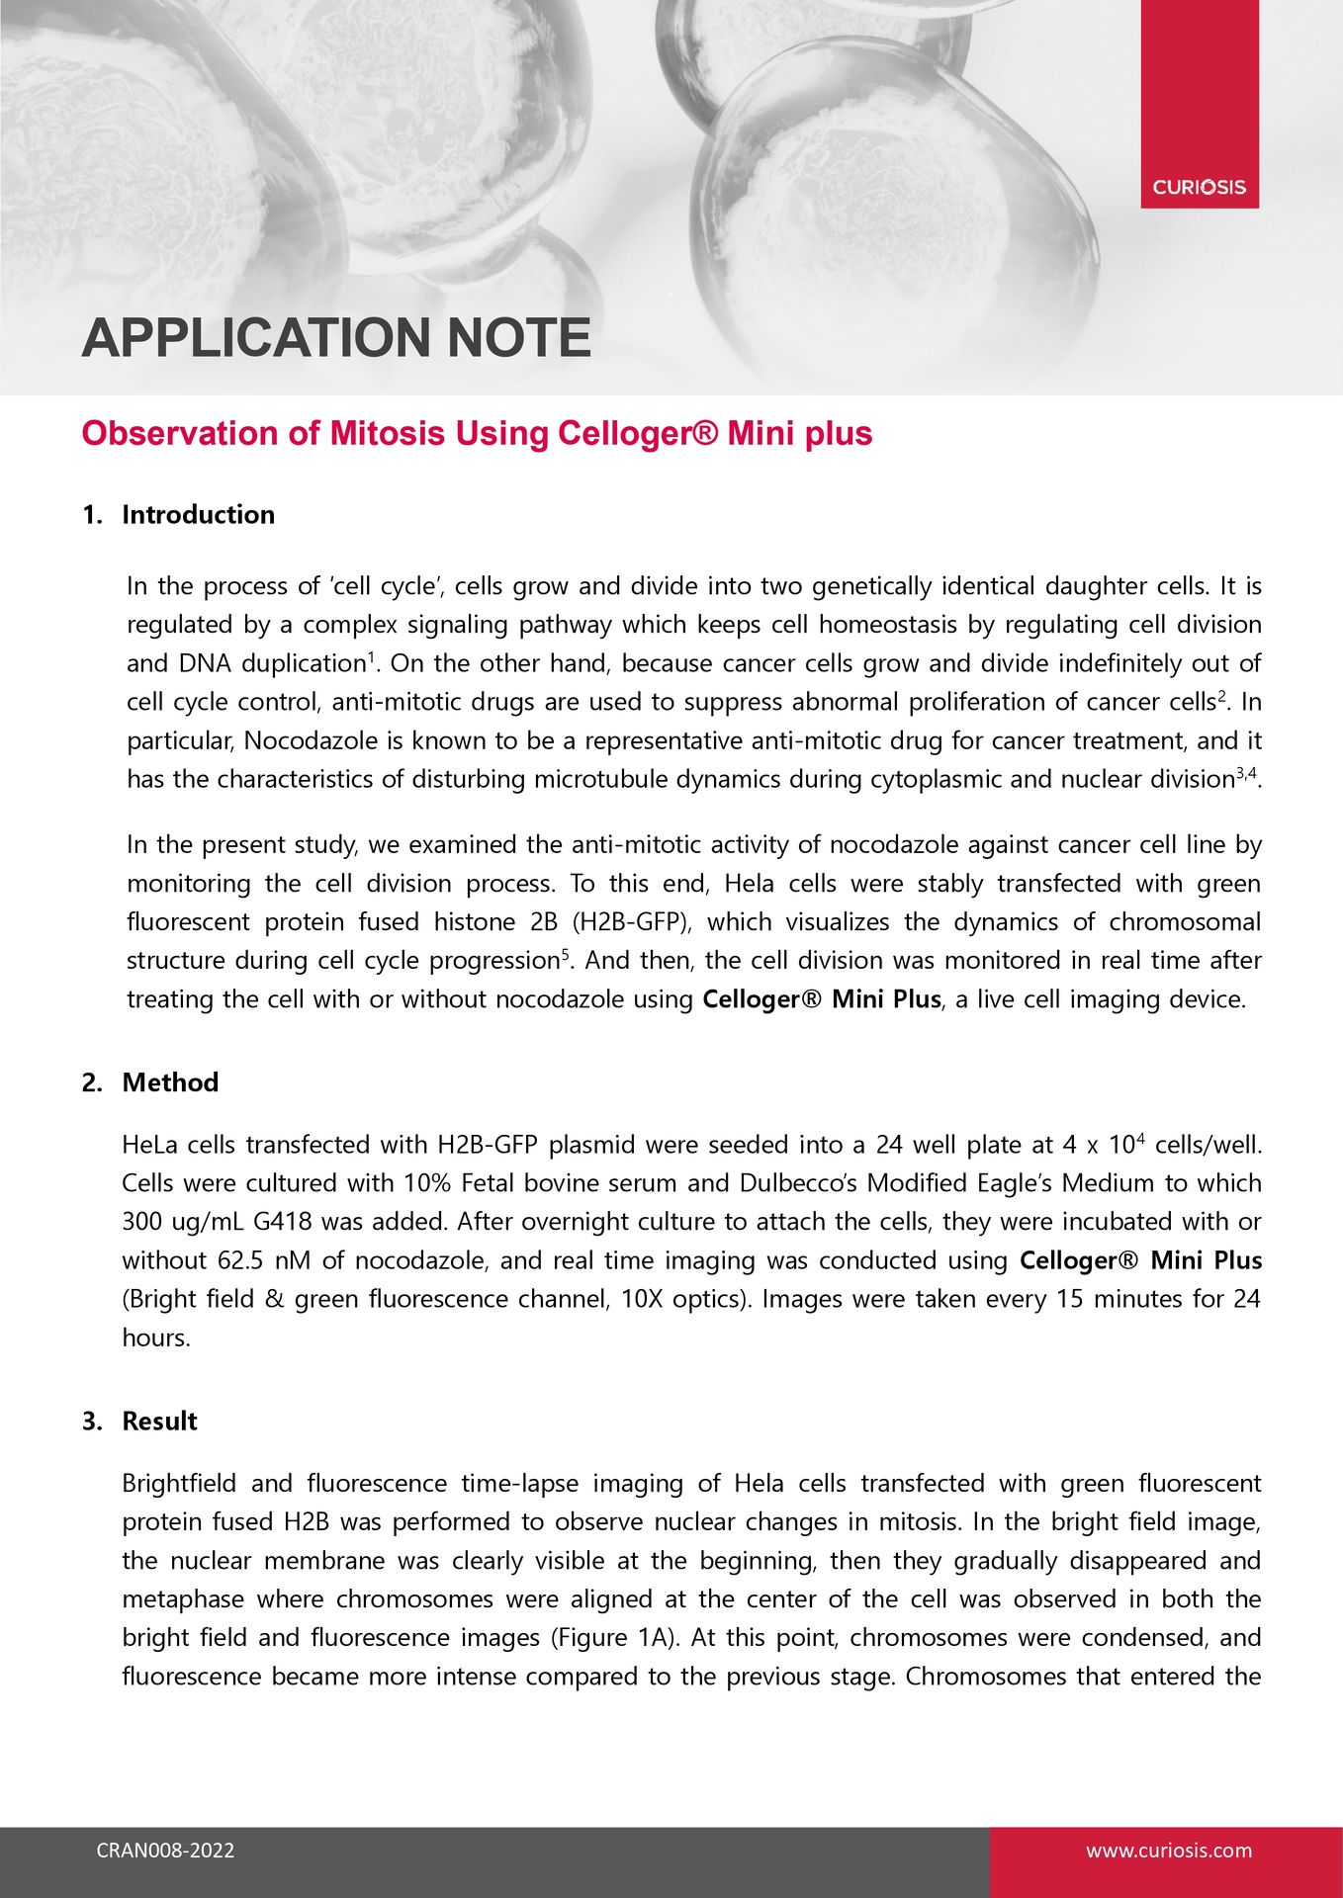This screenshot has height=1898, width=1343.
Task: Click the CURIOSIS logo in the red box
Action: click(1199, 187)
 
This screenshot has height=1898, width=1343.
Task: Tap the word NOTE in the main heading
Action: click(518, 338)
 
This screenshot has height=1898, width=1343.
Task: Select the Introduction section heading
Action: click(198, 514)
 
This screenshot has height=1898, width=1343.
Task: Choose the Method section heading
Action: click(170, 1081)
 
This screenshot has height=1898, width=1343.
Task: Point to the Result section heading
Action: click(159, 1421)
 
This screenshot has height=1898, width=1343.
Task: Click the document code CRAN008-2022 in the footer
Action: click(165, 1851)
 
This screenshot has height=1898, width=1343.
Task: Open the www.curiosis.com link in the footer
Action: click(1168, 1851)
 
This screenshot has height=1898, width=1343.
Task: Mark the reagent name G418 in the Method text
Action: click(282, 1221)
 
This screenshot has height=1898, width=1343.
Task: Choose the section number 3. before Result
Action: click(92, 1421)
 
